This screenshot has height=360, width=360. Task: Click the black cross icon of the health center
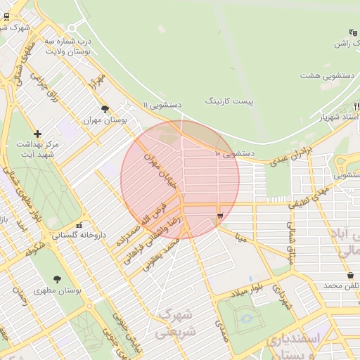pyautogui.click(x=37, y=134)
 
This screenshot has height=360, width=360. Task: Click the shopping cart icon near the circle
pyautogui.click(x=221, y=216)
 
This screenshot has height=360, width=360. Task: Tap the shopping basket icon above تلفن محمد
pyautogui.click(x=350, y=275)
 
